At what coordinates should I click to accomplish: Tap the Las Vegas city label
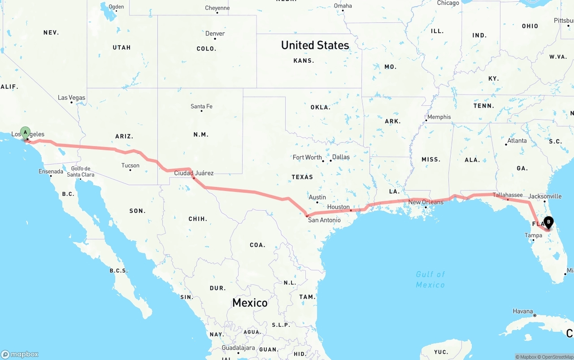click(71, 97)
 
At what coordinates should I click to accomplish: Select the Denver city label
click(215, 34)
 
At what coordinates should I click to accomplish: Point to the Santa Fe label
click(201, 106)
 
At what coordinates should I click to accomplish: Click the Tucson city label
click(130, 165)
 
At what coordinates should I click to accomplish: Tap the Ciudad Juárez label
click(194, 173)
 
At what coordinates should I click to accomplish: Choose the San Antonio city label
click(324, 220)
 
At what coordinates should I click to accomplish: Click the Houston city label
click(338, 207)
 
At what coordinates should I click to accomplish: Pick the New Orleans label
click(426, 202)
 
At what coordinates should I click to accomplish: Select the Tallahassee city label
click(508, 195)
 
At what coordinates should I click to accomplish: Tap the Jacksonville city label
click(545, 196)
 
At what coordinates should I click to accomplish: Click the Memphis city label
click(439, 117)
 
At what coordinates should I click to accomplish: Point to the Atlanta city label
click(517, 141)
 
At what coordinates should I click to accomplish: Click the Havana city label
click(523, 311)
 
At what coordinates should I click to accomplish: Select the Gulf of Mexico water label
click(430, 279)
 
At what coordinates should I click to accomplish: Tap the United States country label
click(315, 45)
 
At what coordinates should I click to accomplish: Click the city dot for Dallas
click(330, 160)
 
